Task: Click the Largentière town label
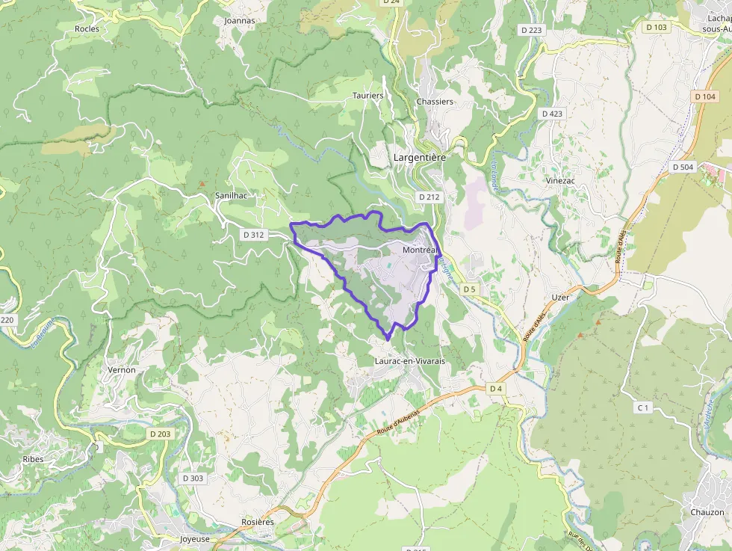(x=419, y=158)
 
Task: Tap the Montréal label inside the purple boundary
(x=419, y=250)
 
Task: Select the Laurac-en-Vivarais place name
(x=409, y=361)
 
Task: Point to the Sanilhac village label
(x=231, y=195)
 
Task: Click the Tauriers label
(x=367, y=96)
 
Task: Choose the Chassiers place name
(x=435, y=102)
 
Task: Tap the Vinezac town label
(x=560, y=180)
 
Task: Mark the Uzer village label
(x=560, y=297)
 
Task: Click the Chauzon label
(x=707, y=512)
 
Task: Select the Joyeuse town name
(x=195, y=539)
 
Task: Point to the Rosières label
(x=258, y=522)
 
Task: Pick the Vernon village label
(x=122, y=369)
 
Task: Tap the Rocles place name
(x=87, y=28)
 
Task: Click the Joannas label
(x=240, y=21)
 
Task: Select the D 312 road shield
(x=254, y=235)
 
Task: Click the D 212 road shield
(x=430, y=197)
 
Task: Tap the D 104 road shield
(x=705, y=96)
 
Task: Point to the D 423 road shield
(x=552, y=114)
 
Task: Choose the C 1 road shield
(x=642, y=407)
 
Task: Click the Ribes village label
(x=33, y=458)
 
